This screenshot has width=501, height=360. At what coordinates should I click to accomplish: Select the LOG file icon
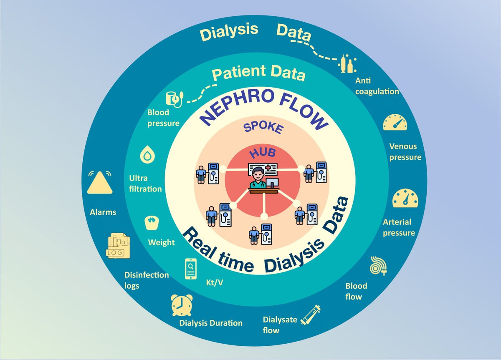coord(119,246)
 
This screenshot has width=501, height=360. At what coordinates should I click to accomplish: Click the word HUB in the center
coord(262,154)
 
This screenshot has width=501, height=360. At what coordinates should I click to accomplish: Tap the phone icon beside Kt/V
coord(190,268)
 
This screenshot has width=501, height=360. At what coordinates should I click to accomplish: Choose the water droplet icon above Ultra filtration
coord(147,156)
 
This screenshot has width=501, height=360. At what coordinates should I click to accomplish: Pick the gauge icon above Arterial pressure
coord(405,198)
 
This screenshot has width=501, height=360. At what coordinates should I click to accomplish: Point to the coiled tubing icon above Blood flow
coord(380,264)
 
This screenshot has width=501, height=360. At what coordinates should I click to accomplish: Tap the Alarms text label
coord(103,212)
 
